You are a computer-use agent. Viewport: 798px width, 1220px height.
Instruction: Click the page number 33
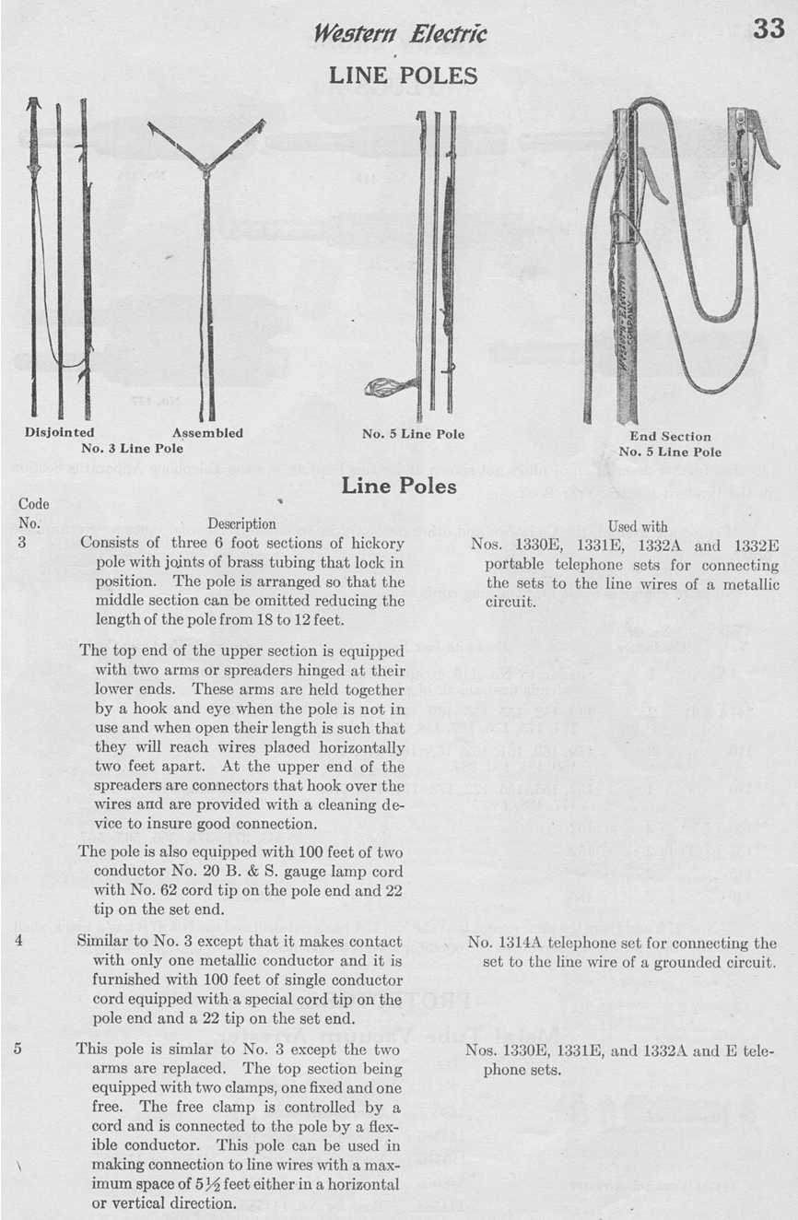(769, 29)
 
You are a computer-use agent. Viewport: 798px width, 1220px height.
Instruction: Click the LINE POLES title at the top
(403, 76)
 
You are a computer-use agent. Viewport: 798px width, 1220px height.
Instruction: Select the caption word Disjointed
(59, 432)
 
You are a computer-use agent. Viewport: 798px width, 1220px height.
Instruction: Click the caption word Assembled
(208, 432)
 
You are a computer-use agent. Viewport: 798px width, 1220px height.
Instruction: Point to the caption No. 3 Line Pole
(133, 449)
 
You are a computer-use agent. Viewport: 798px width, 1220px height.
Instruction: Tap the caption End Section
(670, 436)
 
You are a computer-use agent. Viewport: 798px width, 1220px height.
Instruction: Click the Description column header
(241, 524)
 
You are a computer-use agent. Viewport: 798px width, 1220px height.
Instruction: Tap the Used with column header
(638, 526)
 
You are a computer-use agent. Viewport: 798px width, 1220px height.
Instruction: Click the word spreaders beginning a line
(135, 786)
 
